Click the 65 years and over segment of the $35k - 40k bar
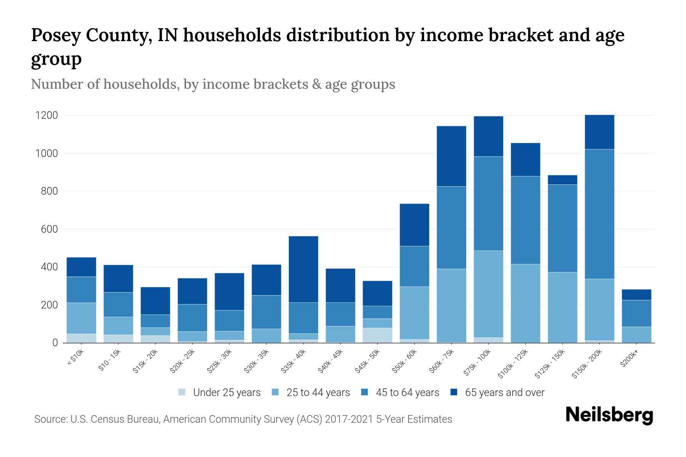point(303,269)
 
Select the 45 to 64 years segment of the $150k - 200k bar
point(599,214)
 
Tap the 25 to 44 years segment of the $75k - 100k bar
point(488,294)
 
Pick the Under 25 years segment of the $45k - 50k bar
point(377,335)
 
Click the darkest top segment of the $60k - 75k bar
point(451,156)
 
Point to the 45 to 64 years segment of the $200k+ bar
point(636,313)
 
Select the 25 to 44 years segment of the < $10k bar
point(81,318)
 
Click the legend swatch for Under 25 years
point(182,392)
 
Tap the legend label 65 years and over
point(505,393)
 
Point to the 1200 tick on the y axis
point(46,115)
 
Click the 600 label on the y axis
point(49,229)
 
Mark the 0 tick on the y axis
point(55,343)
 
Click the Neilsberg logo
point(609,415)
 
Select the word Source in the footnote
point(50,419)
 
